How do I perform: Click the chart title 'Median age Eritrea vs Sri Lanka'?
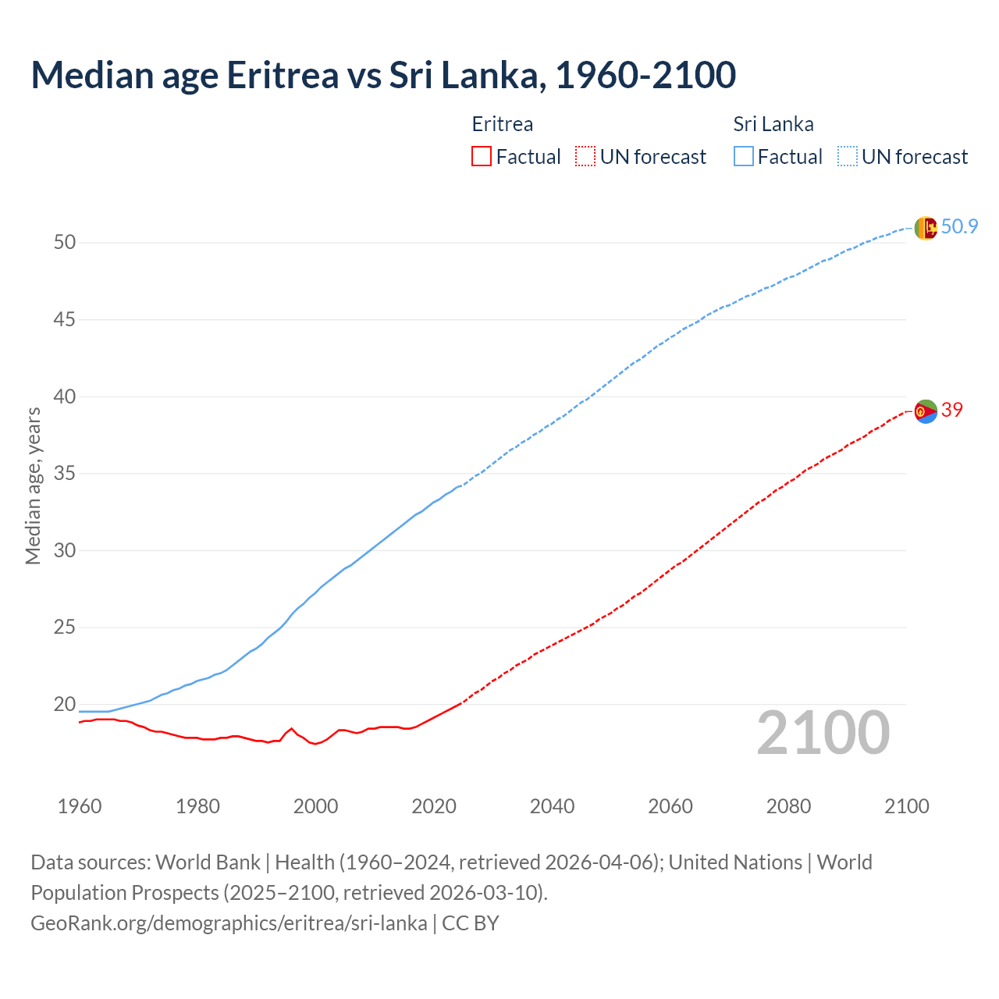click(x=382, y=75)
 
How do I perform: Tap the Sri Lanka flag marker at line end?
click(x=926, y=228)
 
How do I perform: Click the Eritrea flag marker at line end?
click(x=926, y=411)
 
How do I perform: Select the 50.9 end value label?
click(x=959, y=227)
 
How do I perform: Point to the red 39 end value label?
click(x=951, y=410)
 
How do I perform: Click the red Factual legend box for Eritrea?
click(x=482, y=157)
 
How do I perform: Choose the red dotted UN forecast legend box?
click(x=585, y=157)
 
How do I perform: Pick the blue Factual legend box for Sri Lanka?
click(x=744, y=157)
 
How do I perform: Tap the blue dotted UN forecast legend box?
click(x=847, y=157)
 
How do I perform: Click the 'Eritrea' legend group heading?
click(x=503, y=124)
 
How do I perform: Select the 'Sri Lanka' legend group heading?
click(x=773, y=124)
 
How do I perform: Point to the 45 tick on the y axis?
click(x=65, y=320)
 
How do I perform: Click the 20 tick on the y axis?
click(x=65, y=705)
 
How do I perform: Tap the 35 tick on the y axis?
click(x=65, y=474)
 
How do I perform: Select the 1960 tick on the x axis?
click(x=80, y=806)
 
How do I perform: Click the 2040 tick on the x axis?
click(x=552, y=806)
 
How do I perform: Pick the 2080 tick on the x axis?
click(x=788, y=806)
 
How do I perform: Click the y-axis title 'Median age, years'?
click(x=33, y=485)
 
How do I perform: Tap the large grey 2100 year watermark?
click(x=823, y=732)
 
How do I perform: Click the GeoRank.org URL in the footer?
click(x=229, y=923)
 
